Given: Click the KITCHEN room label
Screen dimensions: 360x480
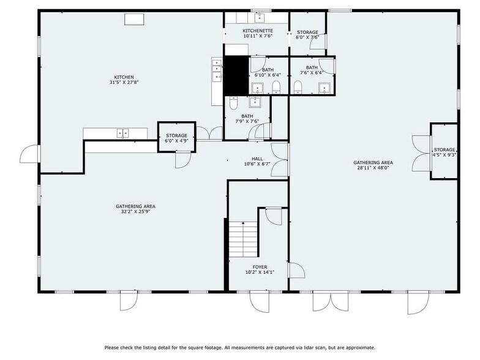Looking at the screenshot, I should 124,77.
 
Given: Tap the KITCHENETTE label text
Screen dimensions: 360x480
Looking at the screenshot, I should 257,31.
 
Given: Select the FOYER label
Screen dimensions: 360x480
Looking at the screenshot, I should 259,268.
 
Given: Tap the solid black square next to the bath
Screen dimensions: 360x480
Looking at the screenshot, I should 236,75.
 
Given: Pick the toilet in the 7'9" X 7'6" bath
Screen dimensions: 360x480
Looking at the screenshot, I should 233,104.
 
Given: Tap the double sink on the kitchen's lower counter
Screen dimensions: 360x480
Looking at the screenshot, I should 123,132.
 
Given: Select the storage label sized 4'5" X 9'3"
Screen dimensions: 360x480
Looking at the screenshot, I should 444,150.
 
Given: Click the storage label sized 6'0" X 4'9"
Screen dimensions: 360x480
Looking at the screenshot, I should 176,136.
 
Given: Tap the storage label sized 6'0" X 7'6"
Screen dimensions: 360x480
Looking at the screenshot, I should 307,32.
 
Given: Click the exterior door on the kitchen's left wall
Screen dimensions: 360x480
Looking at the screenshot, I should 29,154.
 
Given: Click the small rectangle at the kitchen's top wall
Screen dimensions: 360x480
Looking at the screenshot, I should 134,19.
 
